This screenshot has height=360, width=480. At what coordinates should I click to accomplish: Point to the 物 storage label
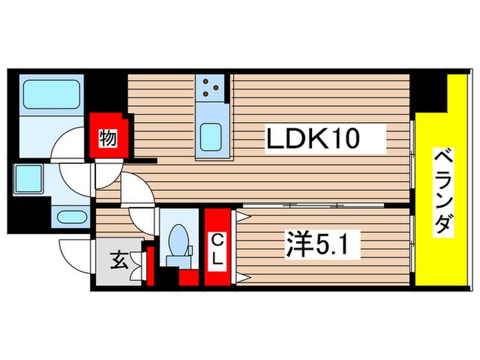[x=107, y=136]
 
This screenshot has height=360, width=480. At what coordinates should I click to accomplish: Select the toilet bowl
[x=178, y=241]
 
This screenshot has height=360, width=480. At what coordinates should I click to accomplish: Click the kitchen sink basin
[x=211, y=134]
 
